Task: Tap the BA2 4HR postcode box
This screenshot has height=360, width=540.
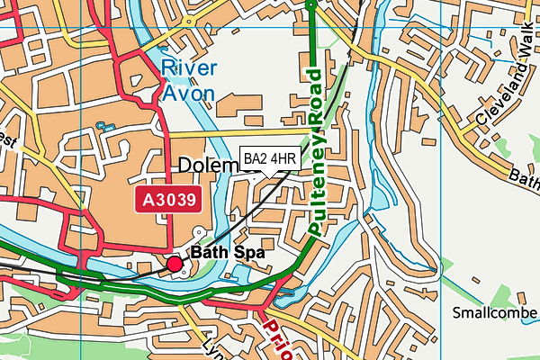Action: click(269, 159)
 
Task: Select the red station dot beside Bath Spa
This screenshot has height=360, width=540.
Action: click(175, 264)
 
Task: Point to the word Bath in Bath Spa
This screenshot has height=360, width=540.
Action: click(210, 254)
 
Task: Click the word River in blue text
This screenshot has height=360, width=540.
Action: click(189, 68)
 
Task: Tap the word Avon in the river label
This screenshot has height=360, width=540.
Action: click(188, 93)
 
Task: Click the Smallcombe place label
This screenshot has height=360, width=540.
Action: click(494, 313)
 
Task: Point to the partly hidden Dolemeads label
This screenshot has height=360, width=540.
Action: click(209, 166)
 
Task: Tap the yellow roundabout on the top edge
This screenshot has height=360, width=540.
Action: click(188, 19)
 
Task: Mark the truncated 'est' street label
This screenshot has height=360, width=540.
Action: click(6, 141)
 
